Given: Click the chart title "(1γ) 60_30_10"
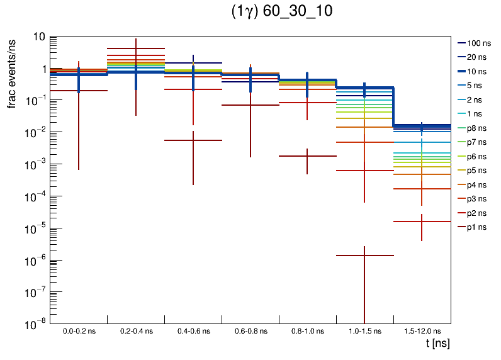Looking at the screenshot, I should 282,13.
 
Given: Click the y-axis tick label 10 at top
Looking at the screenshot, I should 39,37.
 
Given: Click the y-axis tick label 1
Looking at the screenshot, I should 42,69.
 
